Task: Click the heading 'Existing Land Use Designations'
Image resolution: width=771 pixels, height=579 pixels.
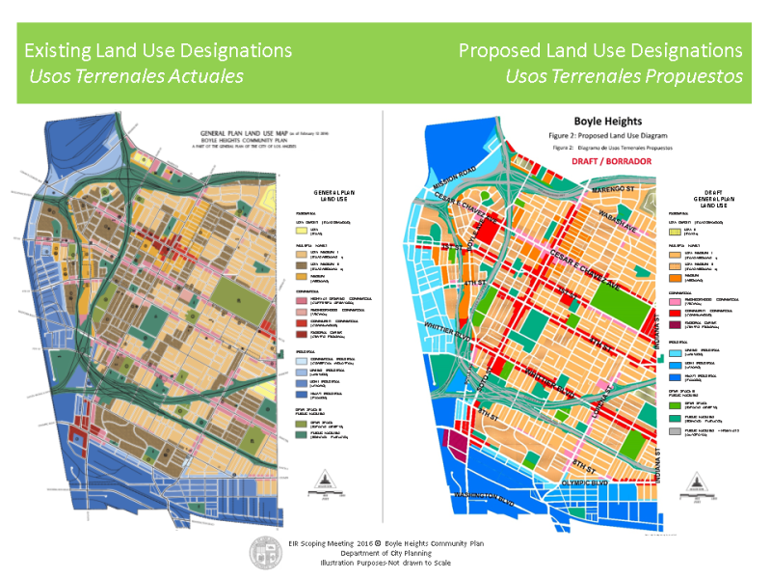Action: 158,49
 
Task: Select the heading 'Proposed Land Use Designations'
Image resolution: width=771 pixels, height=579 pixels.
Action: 600,49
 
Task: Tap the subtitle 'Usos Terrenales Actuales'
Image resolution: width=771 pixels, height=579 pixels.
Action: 134,76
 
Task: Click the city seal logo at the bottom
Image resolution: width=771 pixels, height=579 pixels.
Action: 264,552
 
